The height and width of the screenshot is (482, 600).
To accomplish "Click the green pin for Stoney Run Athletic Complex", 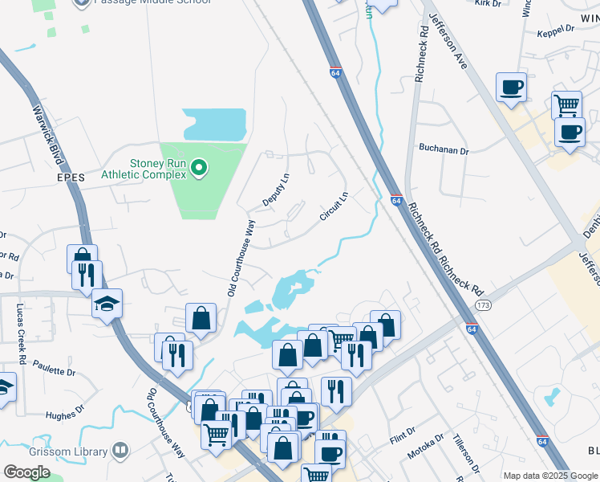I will point(201,168).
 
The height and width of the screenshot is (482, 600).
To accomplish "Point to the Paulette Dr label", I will point(55,372).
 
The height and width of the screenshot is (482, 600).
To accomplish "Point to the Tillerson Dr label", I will point(464,455).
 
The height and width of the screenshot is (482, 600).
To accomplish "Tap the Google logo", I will point(26,472).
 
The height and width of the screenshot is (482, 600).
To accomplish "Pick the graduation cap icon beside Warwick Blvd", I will point(107,304).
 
